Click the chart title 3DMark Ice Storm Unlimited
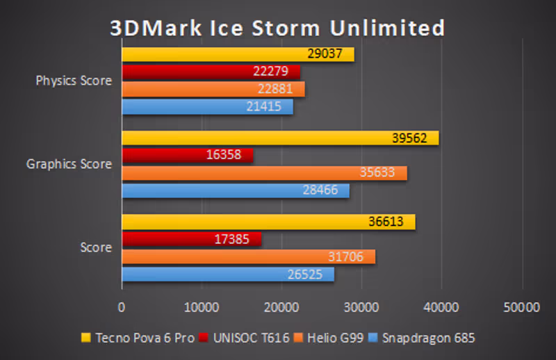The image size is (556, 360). click(x=277, y=28)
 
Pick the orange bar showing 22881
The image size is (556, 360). click(x=213, y=89)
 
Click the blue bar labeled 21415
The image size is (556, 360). click(x=207, y=107)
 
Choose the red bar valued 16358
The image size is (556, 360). click(x=188, y=155)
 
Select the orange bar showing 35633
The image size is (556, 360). click(x=264, y=173)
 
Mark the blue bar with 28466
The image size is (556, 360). click(x=236, y=190)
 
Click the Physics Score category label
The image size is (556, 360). click(x=74, y=81)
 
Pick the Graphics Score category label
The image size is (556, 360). click(x=69, y=164)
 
